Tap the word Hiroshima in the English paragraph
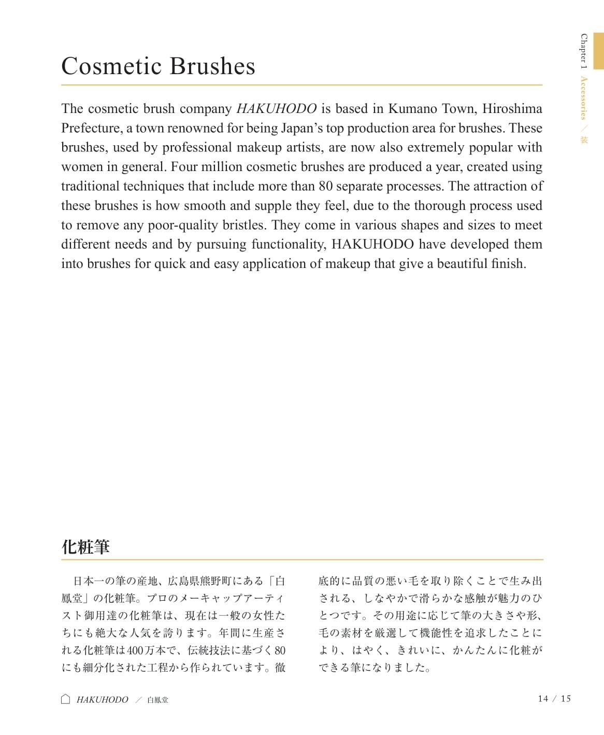click(x=512, y=109)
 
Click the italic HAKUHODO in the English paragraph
click(x=276, y=109)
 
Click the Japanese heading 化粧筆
click(x=85, y=547)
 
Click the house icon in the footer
click(x=66, y=699)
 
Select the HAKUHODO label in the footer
click(x=103, y=700)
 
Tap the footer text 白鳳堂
click(x=157, y=700)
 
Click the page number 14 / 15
click(x=554, y=699)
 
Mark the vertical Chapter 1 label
click(x=584, y=52)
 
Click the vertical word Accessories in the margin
click(x=584, y=98)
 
